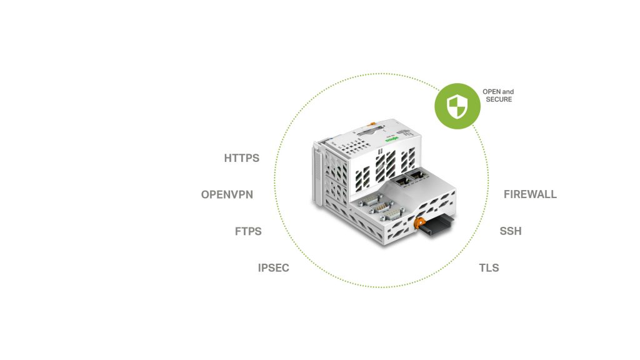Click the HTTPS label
tap(241, 158)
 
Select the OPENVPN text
tap(227, 194)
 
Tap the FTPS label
tap(248, 231)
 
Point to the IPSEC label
tap(274, 268)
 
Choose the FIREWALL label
tap(530, 194)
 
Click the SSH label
tap(510, 231)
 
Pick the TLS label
tap(489, 268)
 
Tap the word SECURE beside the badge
tap(497, 99)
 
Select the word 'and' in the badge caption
tap(507, 92)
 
